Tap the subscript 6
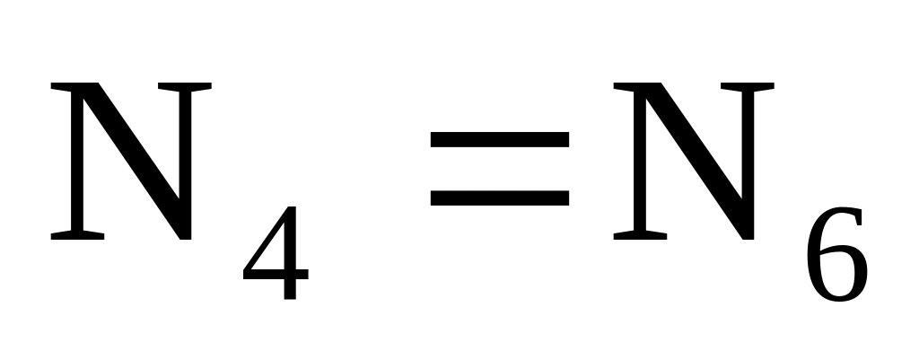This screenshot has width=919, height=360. coord(837,254)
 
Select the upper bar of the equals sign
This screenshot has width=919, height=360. coord(500,139)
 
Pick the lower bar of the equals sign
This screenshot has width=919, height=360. coord(500,198)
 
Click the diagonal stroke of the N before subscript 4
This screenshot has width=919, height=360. coord(138,161)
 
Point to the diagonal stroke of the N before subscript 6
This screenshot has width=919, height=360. coord(701,161)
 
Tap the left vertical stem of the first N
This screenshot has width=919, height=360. coord(77,161)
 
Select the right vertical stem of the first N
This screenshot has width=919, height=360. coord(185,144)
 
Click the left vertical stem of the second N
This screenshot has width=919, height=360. coord(640,161)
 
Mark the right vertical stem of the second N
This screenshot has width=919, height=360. coord(748,144)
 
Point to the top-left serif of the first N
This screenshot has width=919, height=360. coord(70,86)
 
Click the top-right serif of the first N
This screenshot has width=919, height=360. coord(185,86)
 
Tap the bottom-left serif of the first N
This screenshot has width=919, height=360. coord(77,235)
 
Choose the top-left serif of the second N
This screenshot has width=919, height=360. coord(633,86)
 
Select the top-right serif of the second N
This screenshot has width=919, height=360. coord(748,86)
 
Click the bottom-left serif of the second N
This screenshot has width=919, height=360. coord(640,235)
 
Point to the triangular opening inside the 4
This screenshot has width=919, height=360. coord(273,253)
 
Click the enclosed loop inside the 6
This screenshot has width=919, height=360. coord(838,274)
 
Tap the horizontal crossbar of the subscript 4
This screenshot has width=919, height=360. coord(276,274)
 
